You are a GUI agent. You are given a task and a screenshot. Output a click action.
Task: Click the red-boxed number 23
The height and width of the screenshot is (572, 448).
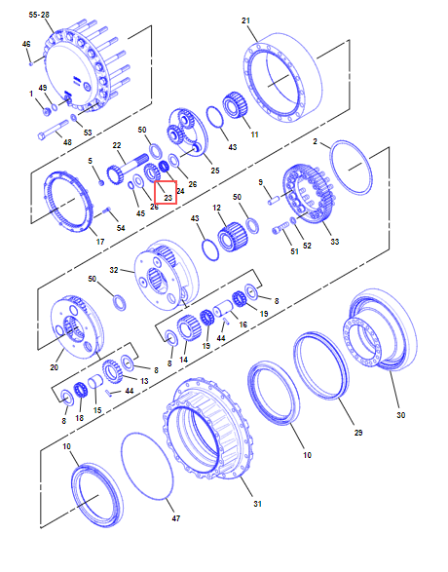click(x=168, y=198)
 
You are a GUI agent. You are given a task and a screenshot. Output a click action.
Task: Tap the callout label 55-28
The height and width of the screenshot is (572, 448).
click(x=39, y=15)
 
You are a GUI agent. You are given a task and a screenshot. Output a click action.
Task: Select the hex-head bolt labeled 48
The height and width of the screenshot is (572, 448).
click(x=54, y=131)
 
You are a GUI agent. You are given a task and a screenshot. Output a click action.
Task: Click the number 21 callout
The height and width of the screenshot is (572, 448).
click(x=246, y=20)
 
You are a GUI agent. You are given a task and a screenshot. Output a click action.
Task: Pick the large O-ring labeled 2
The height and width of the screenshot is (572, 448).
click(x=352, y=167)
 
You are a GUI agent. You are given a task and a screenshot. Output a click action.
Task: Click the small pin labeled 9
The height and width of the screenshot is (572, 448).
click(x=274, y=200)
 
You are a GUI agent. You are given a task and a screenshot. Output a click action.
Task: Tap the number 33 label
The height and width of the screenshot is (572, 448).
click(x=334, y=242)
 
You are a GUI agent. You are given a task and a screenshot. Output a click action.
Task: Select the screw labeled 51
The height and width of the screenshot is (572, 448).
click(x=280, y=229)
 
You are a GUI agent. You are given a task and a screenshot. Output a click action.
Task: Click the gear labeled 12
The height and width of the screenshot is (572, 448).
click(x=233, y=237)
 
